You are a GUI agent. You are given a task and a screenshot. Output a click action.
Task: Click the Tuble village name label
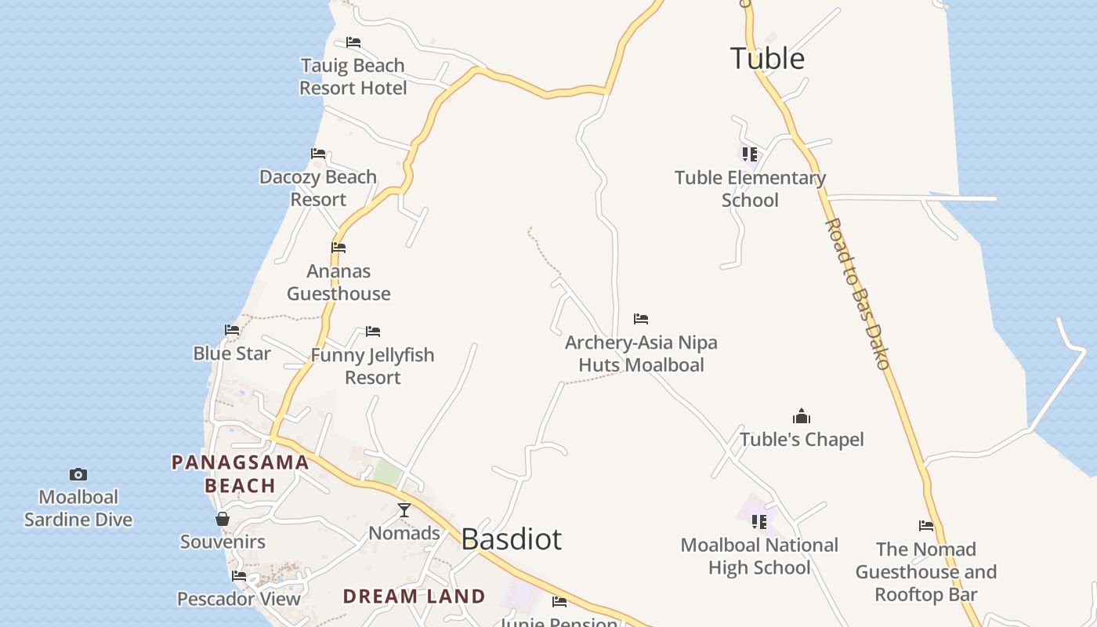tap(767, 59)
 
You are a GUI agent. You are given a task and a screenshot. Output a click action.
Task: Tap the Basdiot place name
tap(511, 539)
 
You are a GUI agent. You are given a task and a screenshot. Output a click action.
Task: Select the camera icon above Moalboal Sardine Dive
tap(78, 474)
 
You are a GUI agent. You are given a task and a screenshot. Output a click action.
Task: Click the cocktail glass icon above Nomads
tap(404, 510)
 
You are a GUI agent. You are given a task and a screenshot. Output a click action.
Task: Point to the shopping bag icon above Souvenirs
tap(223, 519)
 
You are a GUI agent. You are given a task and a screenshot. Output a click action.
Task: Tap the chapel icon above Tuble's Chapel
tap(802, 416)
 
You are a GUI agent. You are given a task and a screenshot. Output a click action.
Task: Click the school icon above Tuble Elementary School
tap(750, 154)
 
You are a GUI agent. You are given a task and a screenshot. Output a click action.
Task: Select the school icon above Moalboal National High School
tap(758, 521)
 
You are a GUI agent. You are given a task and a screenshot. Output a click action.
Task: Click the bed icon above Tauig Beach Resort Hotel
tap(353, 42)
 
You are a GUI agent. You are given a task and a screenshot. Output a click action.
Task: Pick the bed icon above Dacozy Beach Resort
tap(318, 154)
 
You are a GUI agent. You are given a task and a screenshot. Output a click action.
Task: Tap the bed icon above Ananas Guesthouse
tap(339, 248)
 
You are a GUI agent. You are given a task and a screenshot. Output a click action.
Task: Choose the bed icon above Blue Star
tap(232, 330)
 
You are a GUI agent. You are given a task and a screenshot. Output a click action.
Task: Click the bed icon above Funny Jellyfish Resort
tap(373, 332)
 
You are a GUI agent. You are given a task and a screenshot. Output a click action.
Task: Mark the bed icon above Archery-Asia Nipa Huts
tap(641, 319)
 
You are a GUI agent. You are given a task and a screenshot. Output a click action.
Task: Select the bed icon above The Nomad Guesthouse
tap(926, 526)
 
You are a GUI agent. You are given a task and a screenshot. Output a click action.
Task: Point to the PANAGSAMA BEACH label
tap(241, 474)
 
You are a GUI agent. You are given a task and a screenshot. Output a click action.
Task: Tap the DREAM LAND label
tap(415, 596)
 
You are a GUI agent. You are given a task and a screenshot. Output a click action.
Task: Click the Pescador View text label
tap(239, 600)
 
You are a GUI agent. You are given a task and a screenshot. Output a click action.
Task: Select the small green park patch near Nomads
tap(387, 472)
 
